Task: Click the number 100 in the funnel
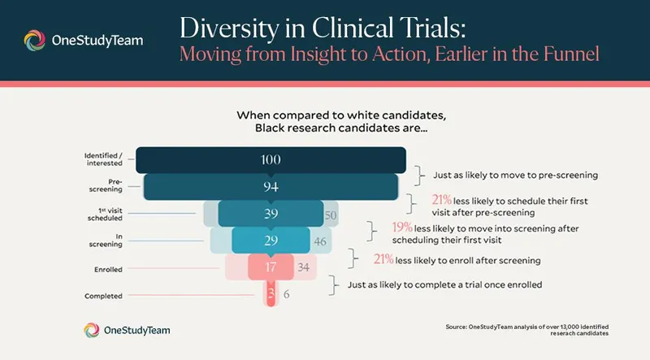271,160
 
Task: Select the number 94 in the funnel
271,187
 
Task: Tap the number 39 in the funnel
271,214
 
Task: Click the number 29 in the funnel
271,241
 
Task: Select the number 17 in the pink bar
271,267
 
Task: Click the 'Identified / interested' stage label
103,159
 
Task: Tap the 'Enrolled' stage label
109,268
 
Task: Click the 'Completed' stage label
104,296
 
